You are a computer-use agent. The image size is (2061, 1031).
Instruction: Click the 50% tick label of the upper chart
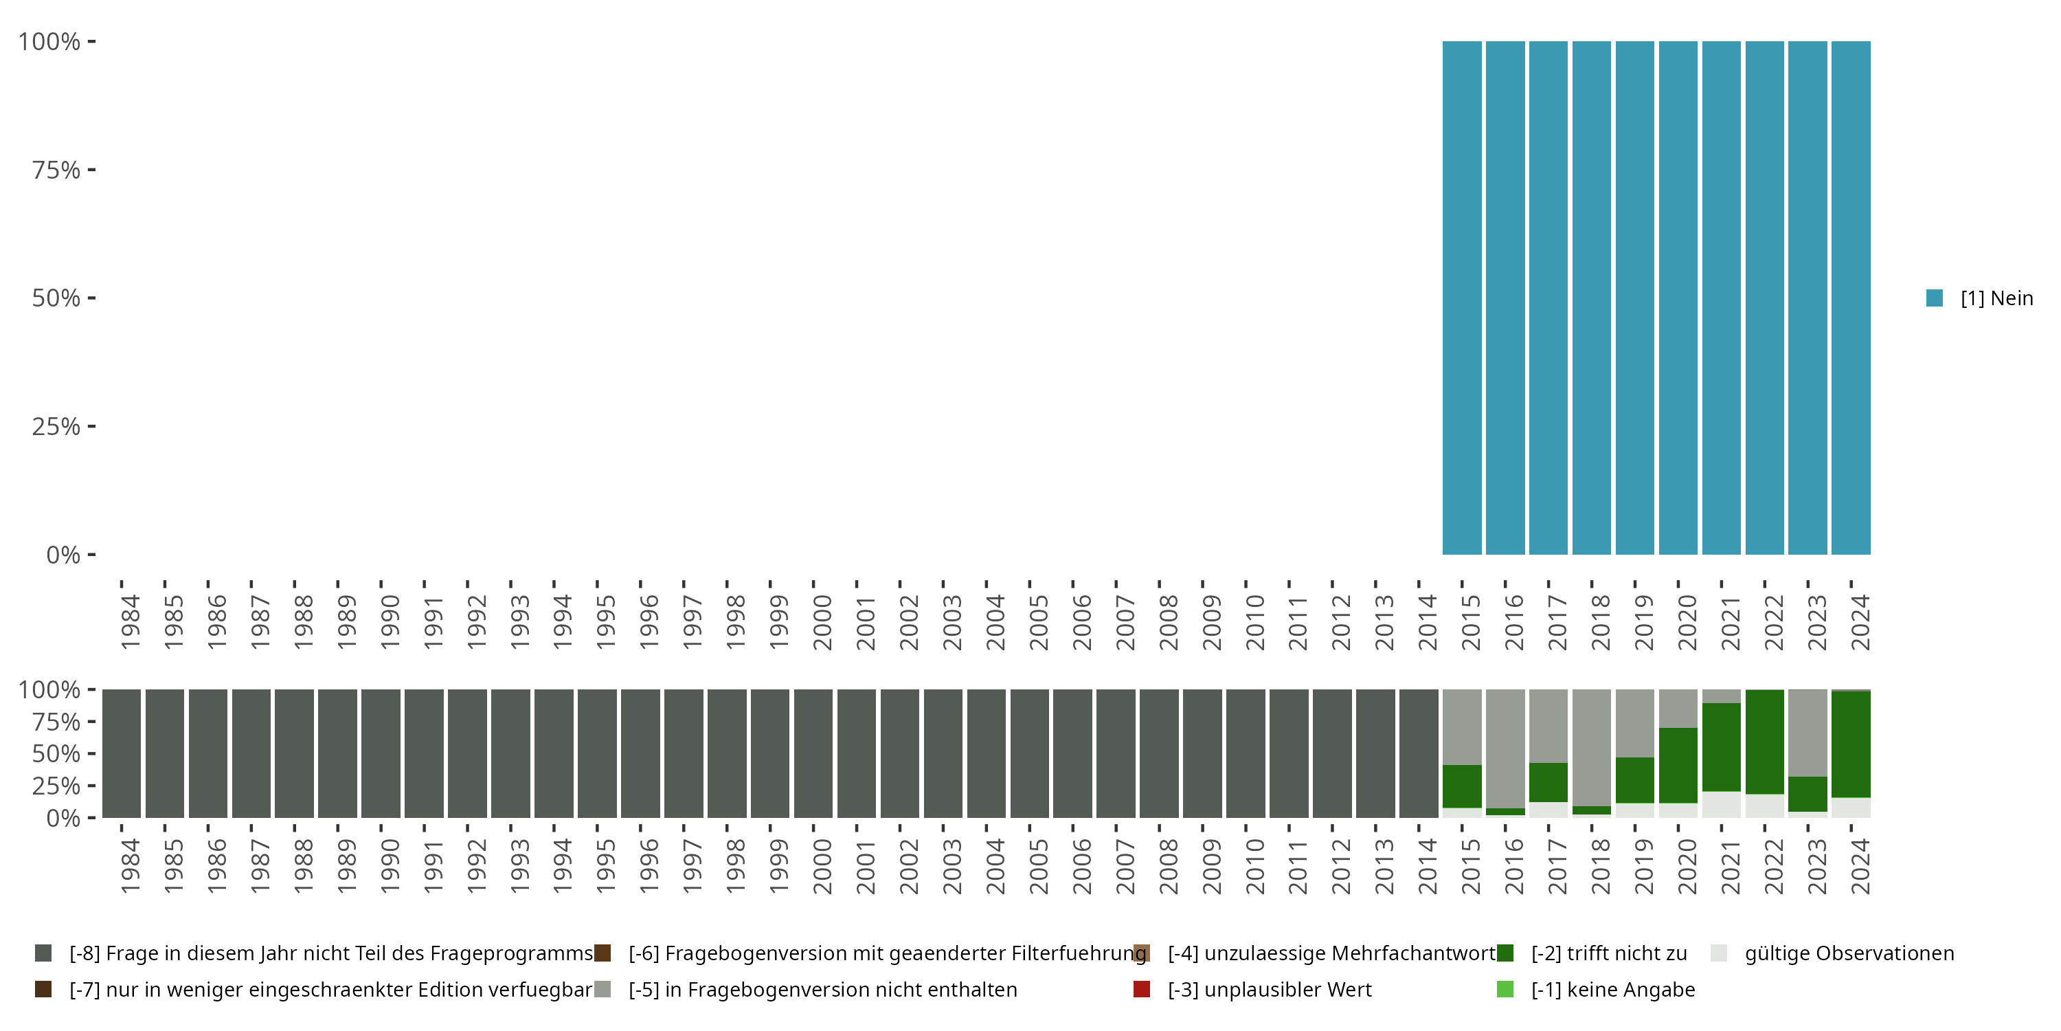56,298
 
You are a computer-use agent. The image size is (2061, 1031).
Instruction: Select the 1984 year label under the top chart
130,622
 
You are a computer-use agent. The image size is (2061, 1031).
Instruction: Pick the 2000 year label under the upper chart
822,622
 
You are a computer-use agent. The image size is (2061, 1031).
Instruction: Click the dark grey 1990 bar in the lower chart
381,753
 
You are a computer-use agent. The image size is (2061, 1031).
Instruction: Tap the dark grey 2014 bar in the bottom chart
1419,753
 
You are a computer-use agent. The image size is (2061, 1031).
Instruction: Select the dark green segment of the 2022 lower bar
1764,741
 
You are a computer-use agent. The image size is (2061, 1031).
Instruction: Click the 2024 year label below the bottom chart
1860,866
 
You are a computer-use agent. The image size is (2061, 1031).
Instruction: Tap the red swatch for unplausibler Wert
1142,989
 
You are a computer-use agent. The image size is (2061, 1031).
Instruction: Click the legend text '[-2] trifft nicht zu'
1608,953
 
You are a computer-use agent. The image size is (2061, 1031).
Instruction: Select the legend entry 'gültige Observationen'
1848,953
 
